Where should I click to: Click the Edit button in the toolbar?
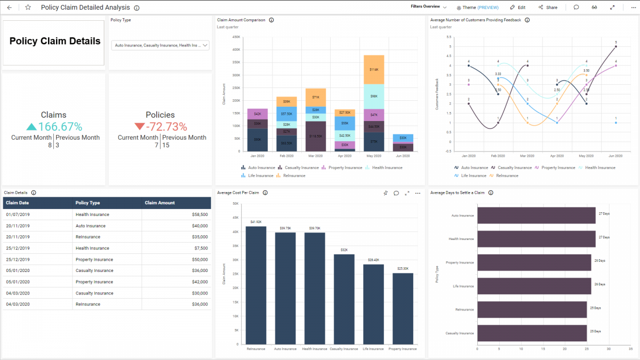[517, 7]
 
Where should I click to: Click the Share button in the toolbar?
[548, 7]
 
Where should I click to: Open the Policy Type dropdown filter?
[160, 46]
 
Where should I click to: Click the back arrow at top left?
[9, 7]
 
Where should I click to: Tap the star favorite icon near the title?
[28, 7]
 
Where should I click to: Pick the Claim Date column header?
[18, 203]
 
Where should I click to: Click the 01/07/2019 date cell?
[18, 214]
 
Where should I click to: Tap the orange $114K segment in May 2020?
[374, 69]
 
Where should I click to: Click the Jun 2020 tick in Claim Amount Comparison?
[403, 156]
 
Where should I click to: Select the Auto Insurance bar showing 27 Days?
[536, 215]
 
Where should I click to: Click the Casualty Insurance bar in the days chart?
[532, 333]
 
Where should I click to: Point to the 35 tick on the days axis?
[616, 350]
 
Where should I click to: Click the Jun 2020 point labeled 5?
[616, 46]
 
